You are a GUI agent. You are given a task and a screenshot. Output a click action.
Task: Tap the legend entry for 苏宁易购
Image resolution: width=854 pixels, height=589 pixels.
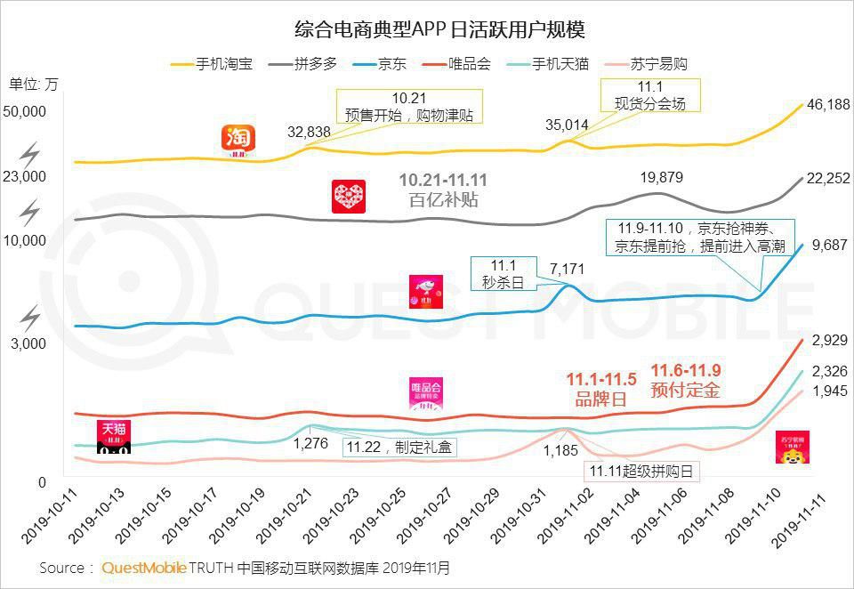click(657, 64)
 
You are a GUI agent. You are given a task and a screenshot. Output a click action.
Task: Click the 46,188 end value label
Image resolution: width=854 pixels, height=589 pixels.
click(828, 105)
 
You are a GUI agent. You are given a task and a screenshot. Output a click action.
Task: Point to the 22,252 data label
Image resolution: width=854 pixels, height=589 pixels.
click(828, 179)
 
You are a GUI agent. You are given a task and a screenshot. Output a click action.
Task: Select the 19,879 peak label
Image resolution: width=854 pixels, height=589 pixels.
click(661, 178)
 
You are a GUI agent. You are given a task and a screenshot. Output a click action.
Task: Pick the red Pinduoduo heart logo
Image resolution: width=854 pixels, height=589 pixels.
click(348, 196)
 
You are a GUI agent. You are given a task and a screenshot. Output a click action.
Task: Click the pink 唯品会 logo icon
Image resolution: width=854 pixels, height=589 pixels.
click(425, 395)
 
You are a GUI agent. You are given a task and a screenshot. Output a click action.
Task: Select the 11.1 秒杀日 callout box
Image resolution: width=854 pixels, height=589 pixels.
click(502, 274)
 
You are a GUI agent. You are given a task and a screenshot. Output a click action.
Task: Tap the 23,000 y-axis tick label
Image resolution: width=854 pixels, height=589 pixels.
click(26, 176)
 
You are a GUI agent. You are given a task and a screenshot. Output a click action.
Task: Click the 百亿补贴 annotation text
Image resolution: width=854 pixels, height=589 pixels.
click(443, 200)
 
